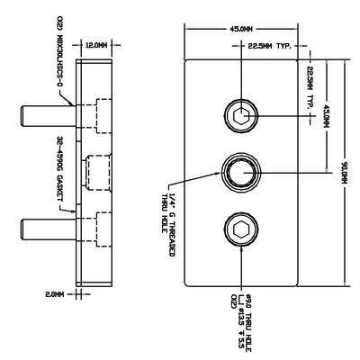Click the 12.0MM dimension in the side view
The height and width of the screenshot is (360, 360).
96,44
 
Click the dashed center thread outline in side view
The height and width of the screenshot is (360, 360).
96,171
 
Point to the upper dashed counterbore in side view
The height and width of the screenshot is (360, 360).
96,116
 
